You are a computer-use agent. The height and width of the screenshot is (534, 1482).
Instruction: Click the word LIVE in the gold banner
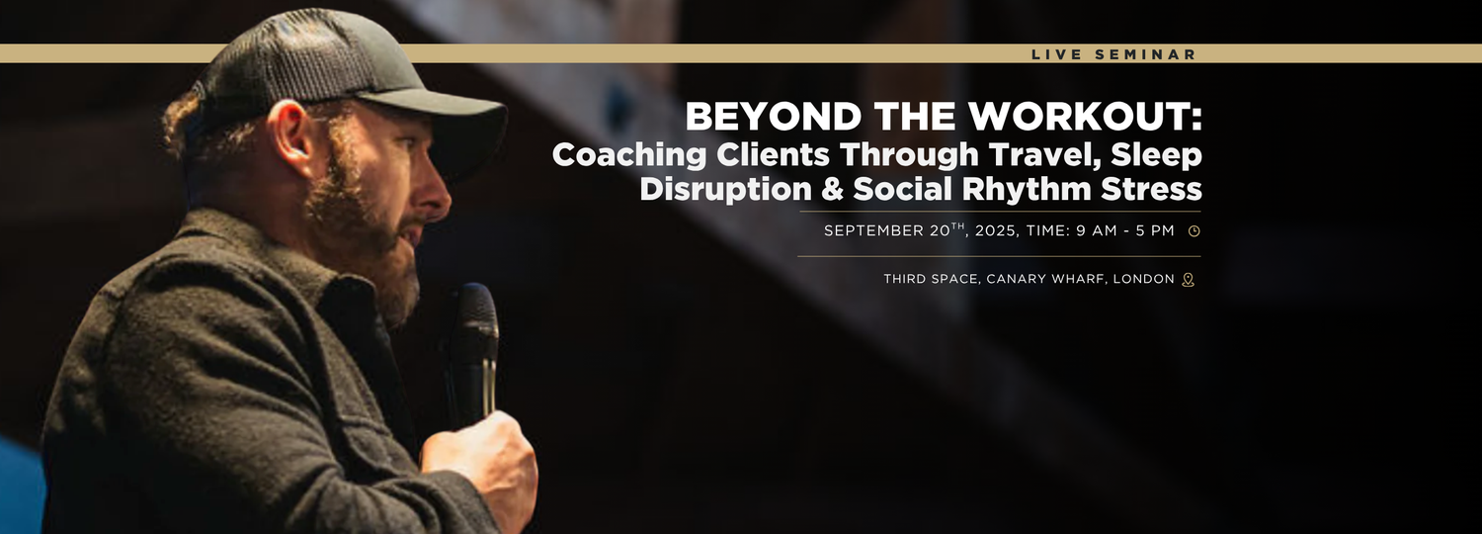[1056, 54]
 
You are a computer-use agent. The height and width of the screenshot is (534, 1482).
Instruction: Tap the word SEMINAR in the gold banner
[1145, 54]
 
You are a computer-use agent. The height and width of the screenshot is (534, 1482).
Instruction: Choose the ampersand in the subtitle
[832, 189]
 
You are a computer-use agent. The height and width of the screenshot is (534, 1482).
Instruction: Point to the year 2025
[995, 230]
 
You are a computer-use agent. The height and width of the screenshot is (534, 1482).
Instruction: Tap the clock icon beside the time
[1194, 231]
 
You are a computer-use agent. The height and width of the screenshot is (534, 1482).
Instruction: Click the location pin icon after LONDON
[1189, 280]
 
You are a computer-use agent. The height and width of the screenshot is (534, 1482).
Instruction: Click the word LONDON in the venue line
[1144, 279]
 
